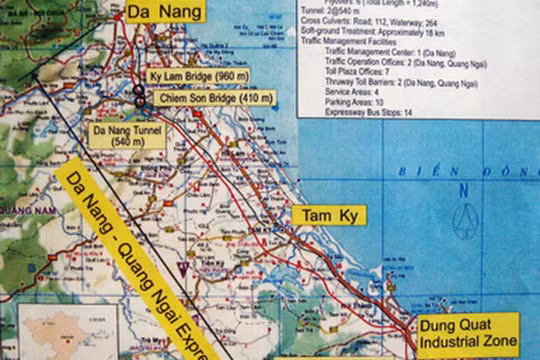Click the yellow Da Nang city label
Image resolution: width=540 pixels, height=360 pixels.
pos(165,11)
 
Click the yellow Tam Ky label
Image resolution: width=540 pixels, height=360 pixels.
pos(329,215)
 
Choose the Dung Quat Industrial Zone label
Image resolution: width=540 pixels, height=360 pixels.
pos(468,334)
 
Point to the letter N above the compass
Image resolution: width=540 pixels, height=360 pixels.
pos(463,189)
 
